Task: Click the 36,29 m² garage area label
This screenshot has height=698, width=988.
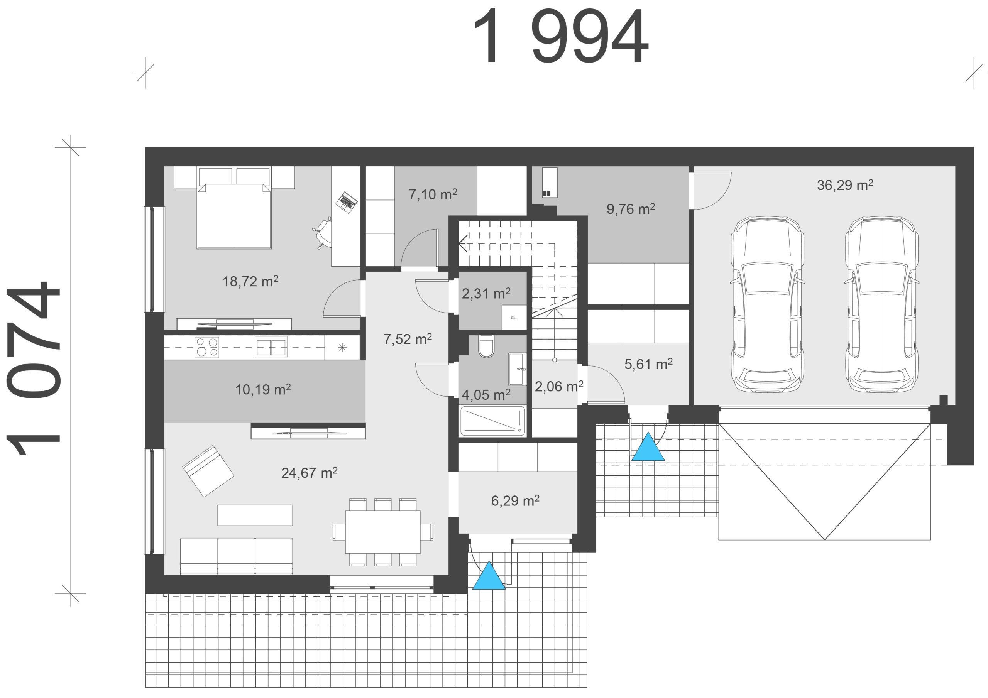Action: click(x=845, y=185)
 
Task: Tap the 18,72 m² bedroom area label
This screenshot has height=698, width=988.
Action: click(x=250, y=281)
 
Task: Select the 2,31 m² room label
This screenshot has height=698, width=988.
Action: click(x=486, y=294)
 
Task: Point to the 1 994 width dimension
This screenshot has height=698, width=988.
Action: click(x=560, y=36)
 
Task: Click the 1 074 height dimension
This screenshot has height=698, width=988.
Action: click(x=33, y=368)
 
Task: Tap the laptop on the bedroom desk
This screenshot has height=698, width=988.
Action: click(x=347, y=201)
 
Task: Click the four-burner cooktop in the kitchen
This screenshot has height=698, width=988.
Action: click(x=207, y=347)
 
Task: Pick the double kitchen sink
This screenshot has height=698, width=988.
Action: click(x=271, y=348)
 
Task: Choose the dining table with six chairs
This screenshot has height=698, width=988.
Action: click(x=382, y=532)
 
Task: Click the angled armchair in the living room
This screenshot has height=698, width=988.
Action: click(x=208, y=471)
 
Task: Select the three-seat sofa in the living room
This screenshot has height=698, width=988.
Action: click(x=236, y=556)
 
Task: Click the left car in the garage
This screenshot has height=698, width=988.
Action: click(x=767, y=305)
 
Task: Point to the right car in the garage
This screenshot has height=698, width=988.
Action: click(x=882, y=305)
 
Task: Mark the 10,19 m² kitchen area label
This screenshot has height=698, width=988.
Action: click(x=263, y=390)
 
